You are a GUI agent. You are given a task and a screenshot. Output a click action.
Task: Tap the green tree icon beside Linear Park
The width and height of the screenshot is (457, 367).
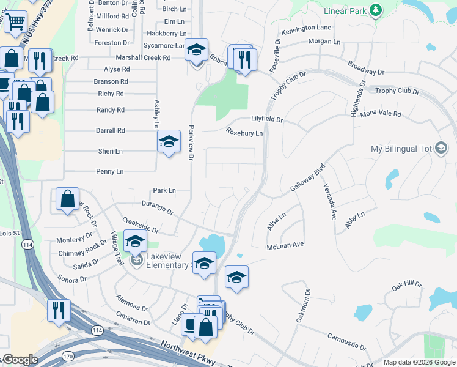(x=376, y=10)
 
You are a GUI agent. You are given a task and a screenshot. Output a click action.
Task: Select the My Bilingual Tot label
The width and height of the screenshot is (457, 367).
(x=401, y=149)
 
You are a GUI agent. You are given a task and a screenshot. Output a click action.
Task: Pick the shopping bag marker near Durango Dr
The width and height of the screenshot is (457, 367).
(x=67, y=200)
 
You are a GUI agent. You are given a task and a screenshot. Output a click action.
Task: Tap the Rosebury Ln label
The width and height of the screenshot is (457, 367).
(x=244, y=132)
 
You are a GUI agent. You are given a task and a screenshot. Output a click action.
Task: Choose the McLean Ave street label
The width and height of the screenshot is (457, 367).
(x=285, y=245)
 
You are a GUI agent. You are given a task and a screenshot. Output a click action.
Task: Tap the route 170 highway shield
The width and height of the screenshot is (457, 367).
(x=67, y=355)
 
